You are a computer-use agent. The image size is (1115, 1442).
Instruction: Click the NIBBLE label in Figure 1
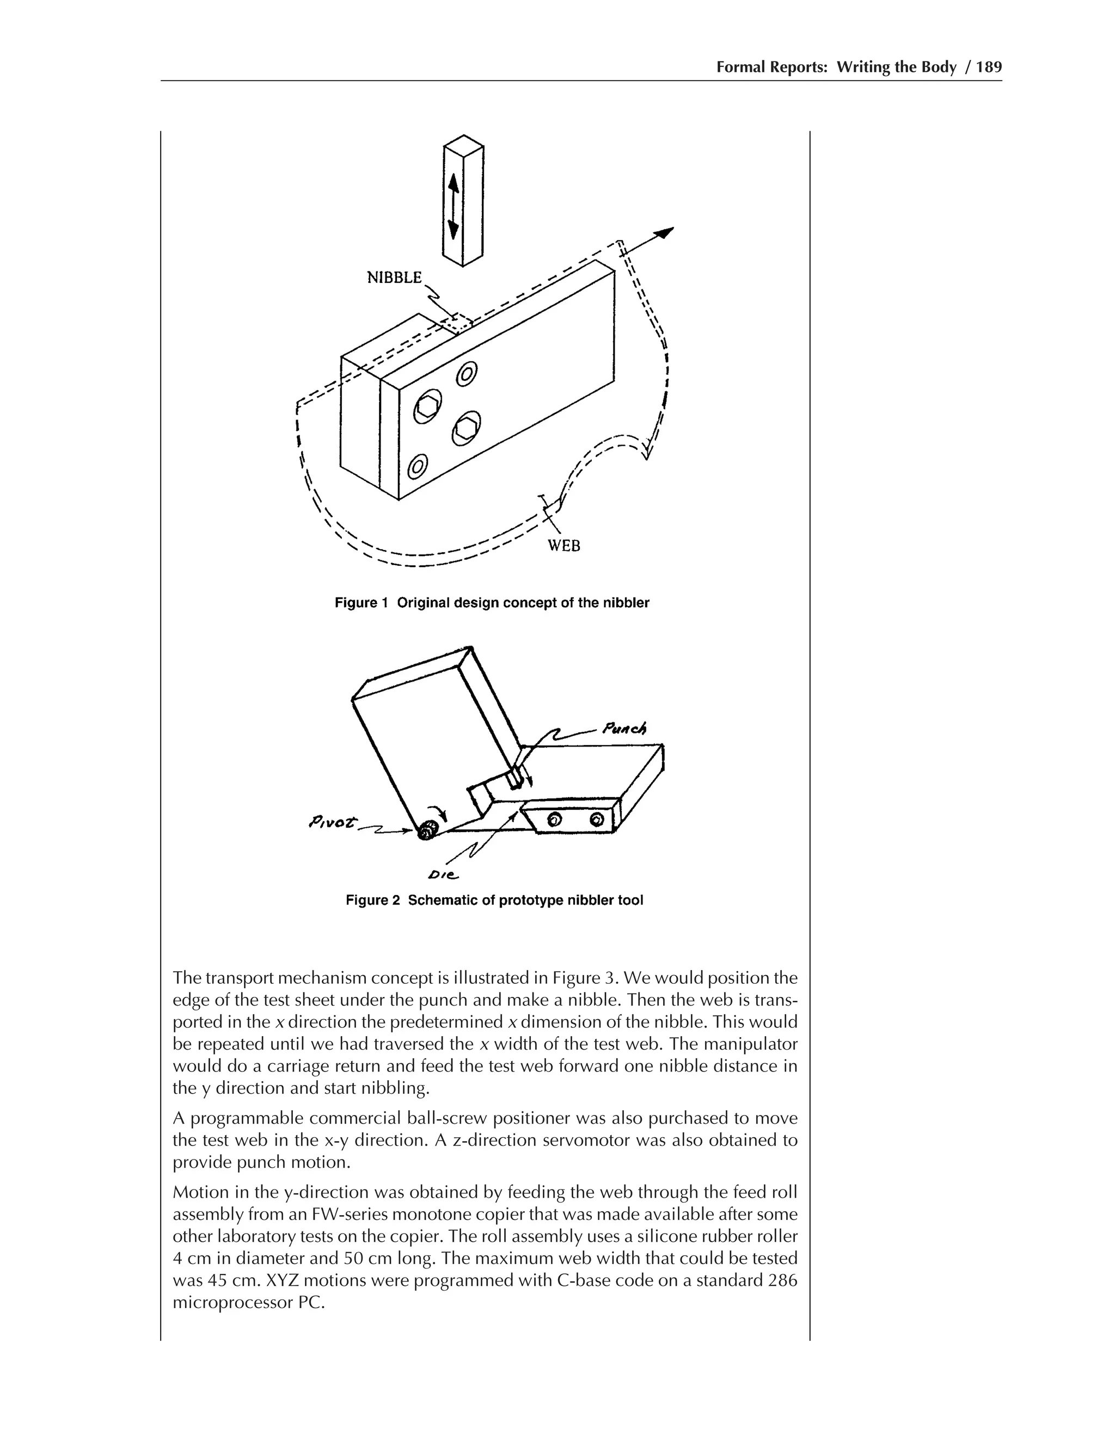coord(394,278)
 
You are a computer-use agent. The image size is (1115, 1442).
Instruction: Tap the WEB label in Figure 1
coord(564,546)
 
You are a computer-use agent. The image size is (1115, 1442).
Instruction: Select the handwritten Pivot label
coord(332,823)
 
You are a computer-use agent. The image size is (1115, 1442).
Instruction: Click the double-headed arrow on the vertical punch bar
coord(453,208)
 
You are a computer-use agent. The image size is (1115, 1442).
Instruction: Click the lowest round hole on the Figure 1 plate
coord(417,467)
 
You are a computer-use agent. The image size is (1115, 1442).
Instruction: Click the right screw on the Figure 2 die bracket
coord(597,820)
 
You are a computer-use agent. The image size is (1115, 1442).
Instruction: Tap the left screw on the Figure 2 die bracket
coord(555,820)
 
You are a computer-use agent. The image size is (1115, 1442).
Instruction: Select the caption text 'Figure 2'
coord(372,901)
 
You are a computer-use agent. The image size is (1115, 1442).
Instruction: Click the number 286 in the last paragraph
coord(783,1281)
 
